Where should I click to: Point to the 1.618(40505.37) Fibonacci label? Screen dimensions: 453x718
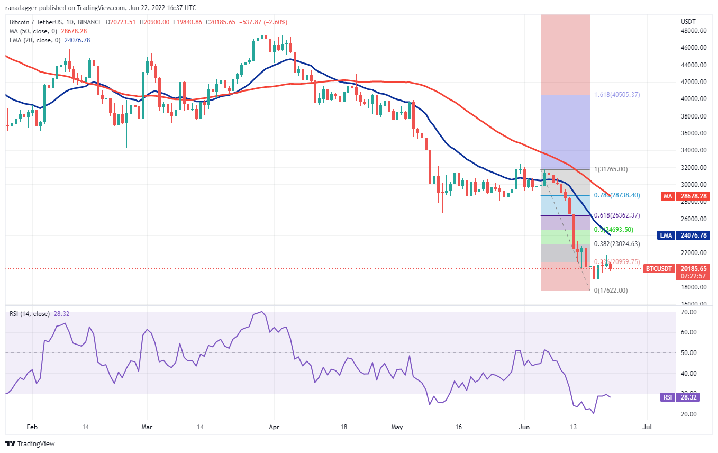pyautogui.click(x=617, y=95)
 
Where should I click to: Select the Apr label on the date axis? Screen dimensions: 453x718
pyautogui.click(x=273, y=426)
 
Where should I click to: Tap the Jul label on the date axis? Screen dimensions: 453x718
pyautogui.click(x=647, y=426)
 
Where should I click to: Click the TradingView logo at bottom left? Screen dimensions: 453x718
pyautogui.click(x=30, y=443)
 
